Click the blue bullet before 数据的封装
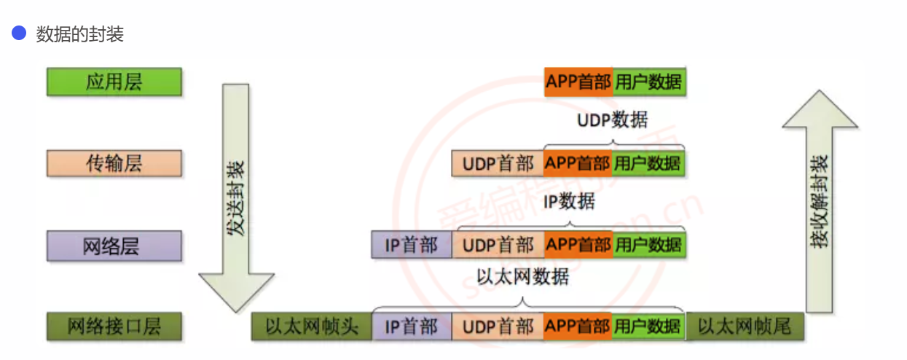point(19,34)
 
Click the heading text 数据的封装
point(80,34)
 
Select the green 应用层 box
point(114,82)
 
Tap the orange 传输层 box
point(114,163)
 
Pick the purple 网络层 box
point(114,246)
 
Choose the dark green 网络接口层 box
point(114,326)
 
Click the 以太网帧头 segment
point(312,326)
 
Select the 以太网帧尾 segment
point(745,326)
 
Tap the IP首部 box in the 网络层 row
point(412,245)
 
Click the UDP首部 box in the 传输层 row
point(498,163)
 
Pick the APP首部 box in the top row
point(578,82)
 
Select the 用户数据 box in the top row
point(648,82)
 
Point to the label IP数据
point(568,201)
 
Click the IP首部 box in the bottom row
point(412,326)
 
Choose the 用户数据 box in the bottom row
point(648,326)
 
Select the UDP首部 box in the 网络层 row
point(498,245)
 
